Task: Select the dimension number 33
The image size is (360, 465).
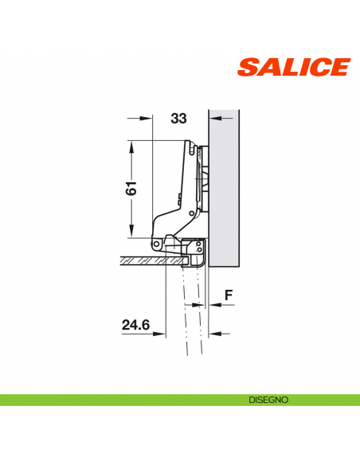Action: (178, 119)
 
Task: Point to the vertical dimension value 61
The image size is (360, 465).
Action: (132, 188)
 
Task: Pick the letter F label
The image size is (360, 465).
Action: (229, 295)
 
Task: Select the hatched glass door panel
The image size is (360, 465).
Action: (151, 260)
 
